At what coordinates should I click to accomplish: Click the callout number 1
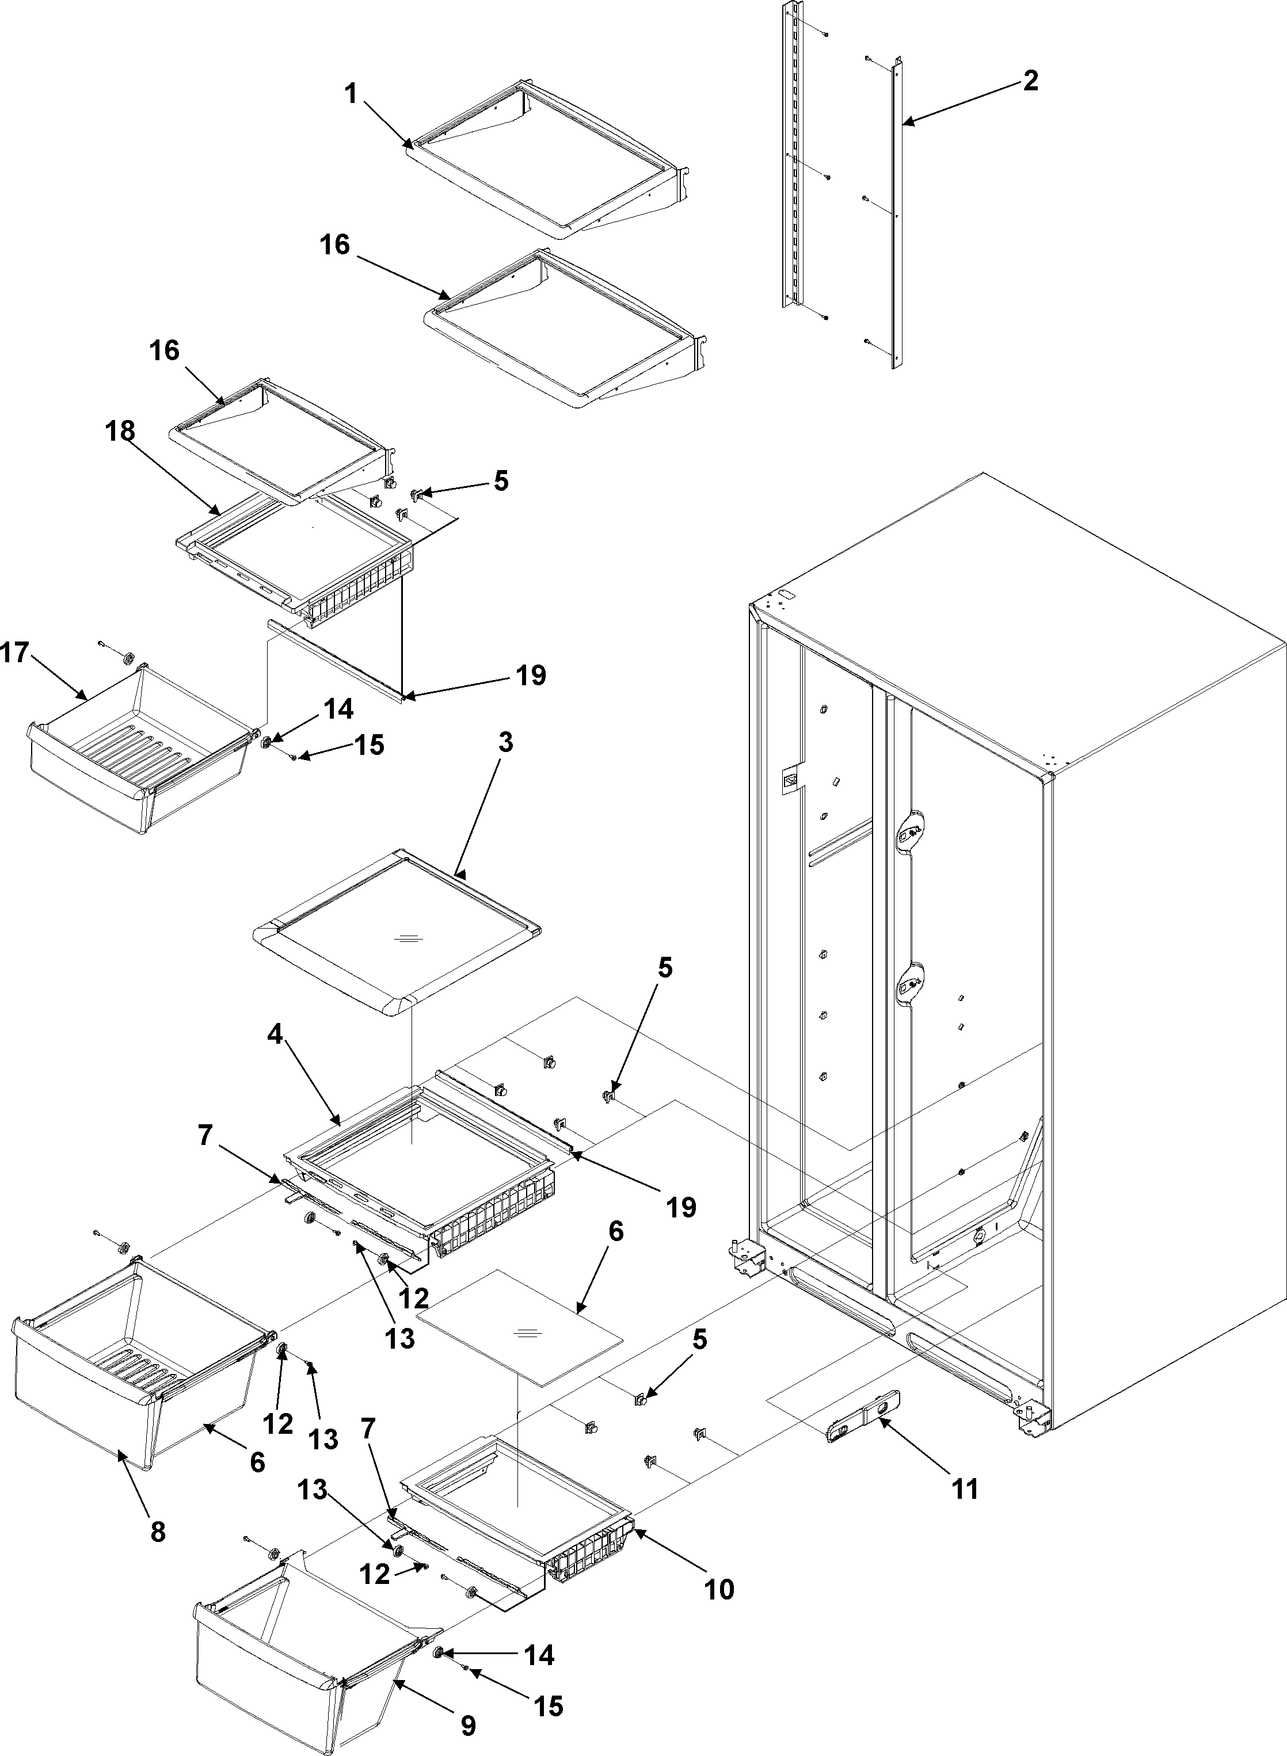[351, 96]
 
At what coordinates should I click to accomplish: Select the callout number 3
[505, 743]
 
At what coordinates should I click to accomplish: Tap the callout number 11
[965, 1489]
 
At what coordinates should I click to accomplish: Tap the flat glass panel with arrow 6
[520, 1335]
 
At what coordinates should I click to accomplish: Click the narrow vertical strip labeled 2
[896, 218]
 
